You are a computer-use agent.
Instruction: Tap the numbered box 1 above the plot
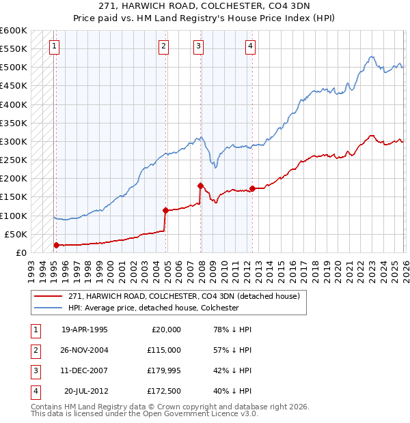(x=54, y=46)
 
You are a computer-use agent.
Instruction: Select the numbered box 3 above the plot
(x=198, y=46)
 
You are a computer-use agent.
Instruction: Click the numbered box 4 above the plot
(x=251, y=46)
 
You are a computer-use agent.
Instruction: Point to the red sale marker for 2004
(x=165, y=210)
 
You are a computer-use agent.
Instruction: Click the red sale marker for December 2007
(x=200, y=186)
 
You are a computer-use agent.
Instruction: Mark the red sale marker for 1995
(x=56, y=245)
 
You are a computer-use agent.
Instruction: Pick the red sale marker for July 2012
(x=252, y=188)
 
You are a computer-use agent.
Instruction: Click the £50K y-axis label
(x=15, y=234)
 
